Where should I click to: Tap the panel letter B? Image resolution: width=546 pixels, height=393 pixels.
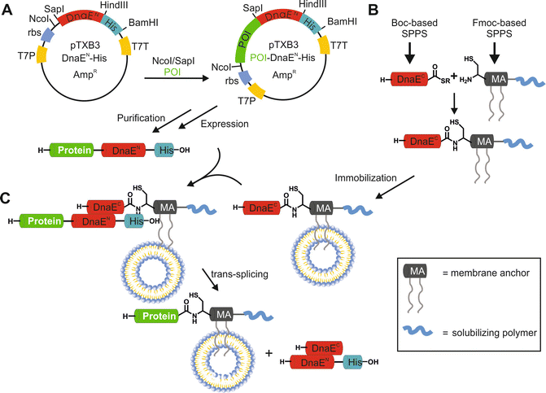[373, 11]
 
